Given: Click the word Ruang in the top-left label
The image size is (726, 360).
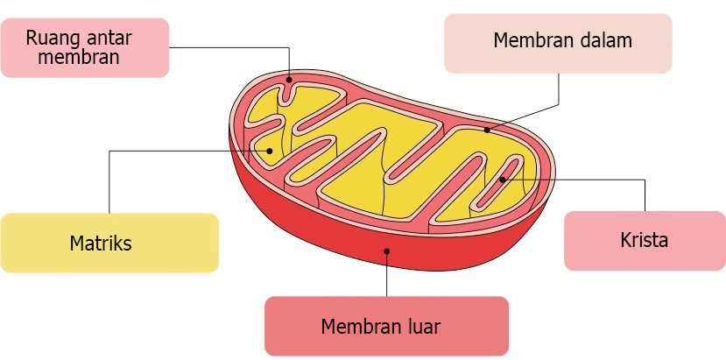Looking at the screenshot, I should coord(49,38).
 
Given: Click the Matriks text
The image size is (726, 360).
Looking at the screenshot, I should coord(101,243).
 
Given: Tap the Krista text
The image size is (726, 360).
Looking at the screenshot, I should coord(644,240).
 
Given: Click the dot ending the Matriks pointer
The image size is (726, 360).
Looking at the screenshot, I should coord(270,151).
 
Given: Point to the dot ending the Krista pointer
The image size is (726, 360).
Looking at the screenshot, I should coord(502,180).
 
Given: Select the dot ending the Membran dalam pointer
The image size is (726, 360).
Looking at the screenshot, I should coord(487,131).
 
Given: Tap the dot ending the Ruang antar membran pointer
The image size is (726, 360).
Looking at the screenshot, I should coord(290,79).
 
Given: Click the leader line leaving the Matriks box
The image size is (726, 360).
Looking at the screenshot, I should coord(109,184).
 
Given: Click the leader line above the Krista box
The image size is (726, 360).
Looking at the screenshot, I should coord(645,194).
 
